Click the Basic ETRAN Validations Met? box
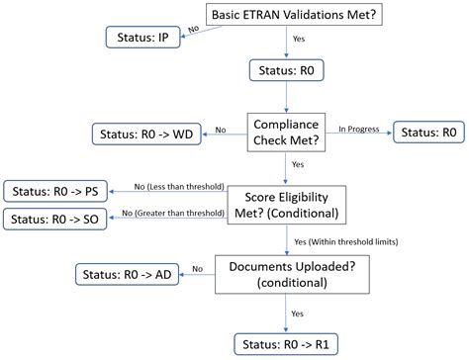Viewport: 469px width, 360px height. [284, 14]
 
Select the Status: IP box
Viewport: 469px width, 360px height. [141, 38]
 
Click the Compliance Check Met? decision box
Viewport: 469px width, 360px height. [286, 131]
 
